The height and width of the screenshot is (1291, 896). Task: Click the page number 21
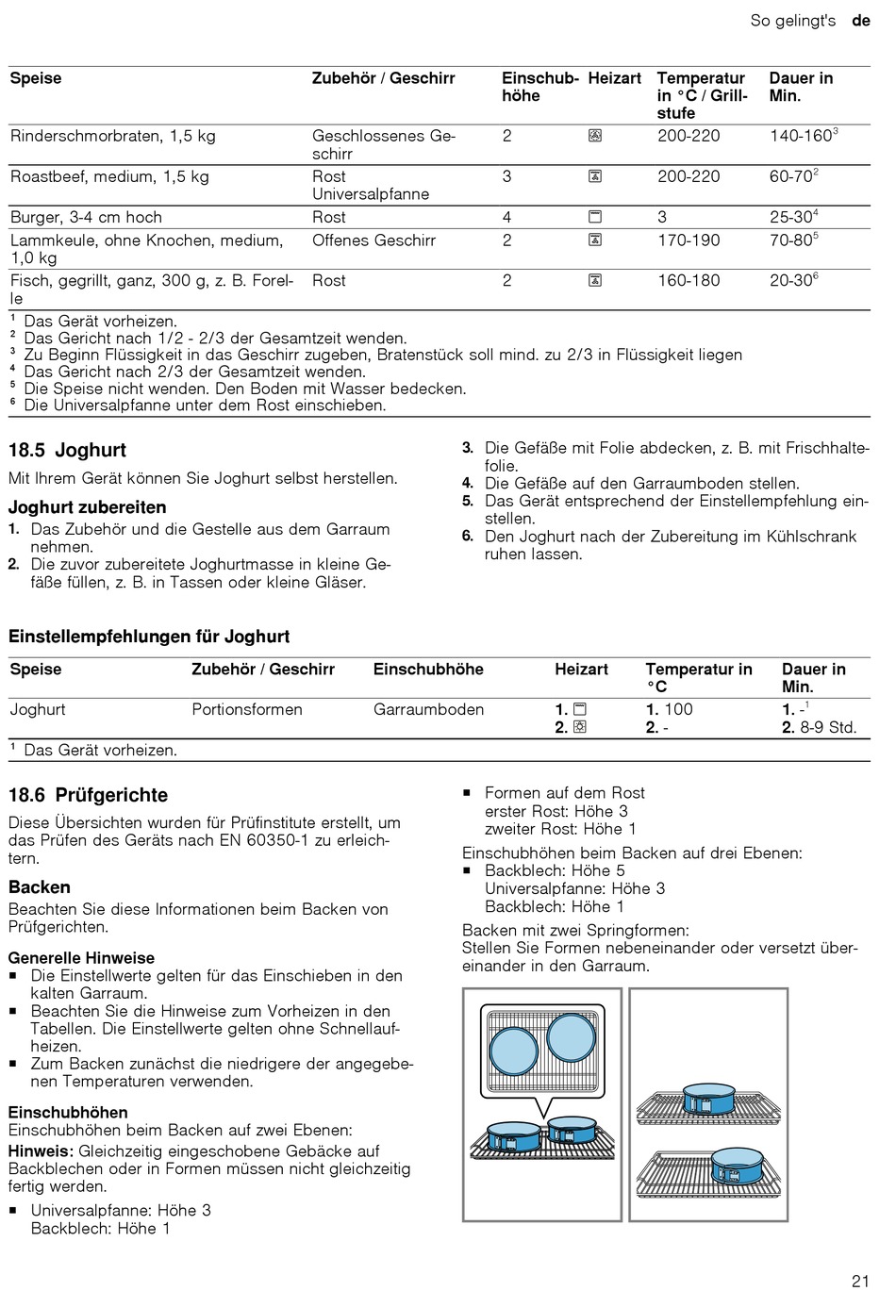click(x=859, y=1280)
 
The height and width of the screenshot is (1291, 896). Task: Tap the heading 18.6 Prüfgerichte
click(x=88, y=795)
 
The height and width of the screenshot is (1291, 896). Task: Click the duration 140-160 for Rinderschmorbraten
click(x=800, y=136)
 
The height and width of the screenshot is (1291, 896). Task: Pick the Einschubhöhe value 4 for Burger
click(x=507, y=217)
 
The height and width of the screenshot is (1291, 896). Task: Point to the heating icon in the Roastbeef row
click(x=595, y=176)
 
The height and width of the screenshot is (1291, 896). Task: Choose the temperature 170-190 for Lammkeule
click(x=688, y=240)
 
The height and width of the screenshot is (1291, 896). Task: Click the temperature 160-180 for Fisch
click(x=688, y=280)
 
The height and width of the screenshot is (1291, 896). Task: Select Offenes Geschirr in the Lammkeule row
click(x=373, y=240)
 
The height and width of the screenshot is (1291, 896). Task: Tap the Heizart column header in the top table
click(x=614, y=78)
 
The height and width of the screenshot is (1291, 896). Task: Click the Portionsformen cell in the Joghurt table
click(x=247, y=709)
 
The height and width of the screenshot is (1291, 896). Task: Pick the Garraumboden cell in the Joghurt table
click(x=428, y=709)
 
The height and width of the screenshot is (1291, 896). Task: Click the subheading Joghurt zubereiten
click(x=87, y=507)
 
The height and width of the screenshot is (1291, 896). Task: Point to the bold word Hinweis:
click(x=41, y=1150)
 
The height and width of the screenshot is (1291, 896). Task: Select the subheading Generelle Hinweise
click(x=81, y=957)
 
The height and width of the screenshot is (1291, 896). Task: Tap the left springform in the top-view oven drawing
click(x=514, y=1051)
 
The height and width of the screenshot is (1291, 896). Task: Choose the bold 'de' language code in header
click(x=860, y=20)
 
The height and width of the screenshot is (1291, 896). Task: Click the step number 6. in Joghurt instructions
click(x=467, y=536)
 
